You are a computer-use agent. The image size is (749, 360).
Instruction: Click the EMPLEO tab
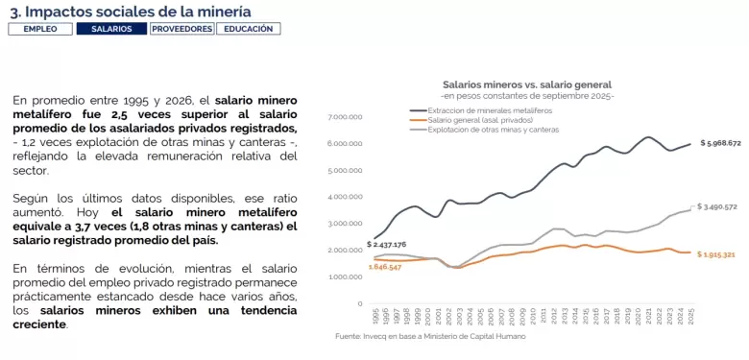click(x=40, y=29)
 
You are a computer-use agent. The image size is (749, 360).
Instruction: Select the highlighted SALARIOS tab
click(x=111, y=29)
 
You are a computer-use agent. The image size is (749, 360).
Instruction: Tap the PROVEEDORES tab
click(x=181, y=29)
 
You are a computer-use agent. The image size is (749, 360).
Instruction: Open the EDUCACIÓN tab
click(x=249, y=29)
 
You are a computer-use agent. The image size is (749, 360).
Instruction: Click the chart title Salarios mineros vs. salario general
click(x=526, y=84)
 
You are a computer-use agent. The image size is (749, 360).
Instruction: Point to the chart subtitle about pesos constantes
click(x=526, y=96)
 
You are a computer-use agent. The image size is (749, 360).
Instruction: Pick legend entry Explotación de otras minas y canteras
click(x=493, y=129)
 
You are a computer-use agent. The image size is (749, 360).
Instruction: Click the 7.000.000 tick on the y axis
click(x=344, y=117)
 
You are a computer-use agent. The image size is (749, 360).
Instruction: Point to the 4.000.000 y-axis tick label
click(x=344, y=197)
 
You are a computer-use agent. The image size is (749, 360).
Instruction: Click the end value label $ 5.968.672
click(x=720, y=143)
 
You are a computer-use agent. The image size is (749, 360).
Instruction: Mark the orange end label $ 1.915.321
click(x=718, y=254)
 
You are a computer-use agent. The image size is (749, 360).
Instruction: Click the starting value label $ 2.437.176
click(x=386, y=244)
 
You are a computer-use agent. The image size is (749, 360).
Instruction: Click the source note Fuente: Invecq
click(x=430, y=336)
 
